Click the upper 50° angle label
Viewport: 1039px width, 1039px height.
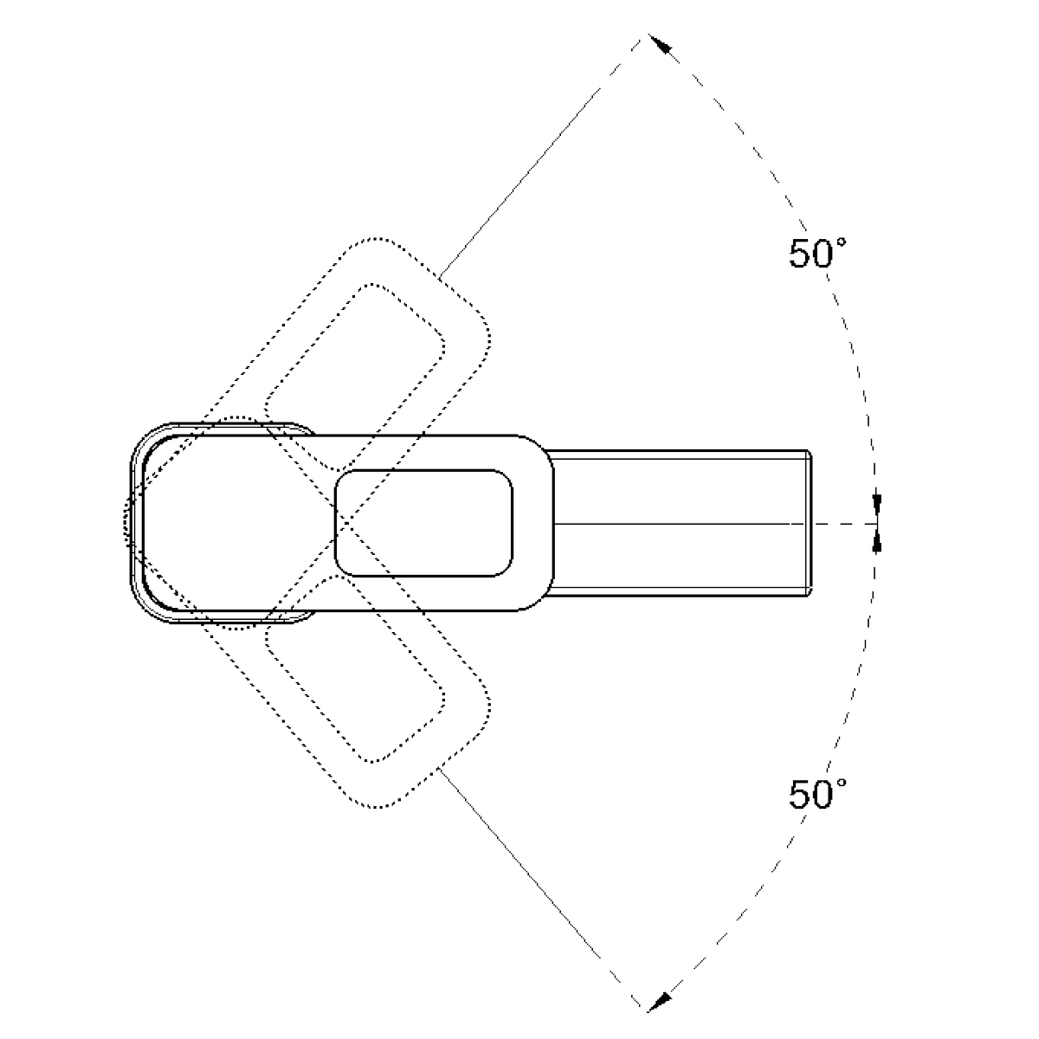click(816, 253)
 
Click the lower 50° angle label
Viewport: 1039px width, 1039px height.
click(816, 794)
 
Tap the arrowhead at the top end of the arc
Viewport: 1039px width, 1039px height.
click(660, 43)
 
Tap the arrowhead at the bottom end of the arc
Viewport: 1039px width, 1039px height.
click(660, 1002)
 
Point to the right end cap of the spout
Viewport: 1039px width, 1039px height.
click(809, 523)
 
